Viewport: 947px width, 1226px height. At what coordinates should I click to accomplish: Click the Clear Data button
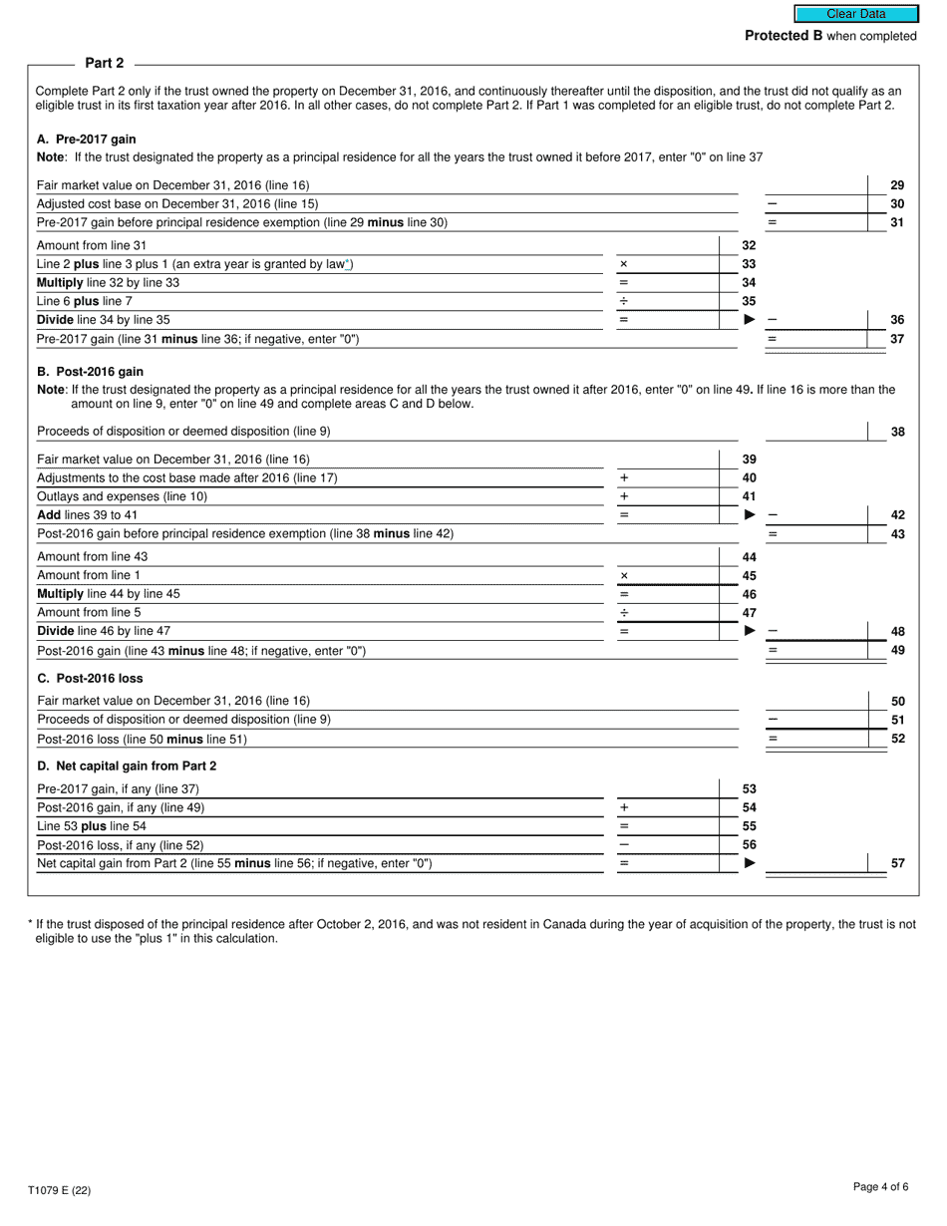[x=855, y=14]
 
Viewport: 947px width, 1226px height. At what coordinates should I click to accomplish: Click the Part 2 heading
[x=105, y=63]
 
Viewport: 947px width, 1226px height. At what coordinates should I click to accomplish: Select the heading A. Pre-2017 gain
[x=86, y=140]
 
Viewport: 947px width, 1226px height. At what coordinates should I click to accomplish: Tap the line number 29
[x=897, y=185]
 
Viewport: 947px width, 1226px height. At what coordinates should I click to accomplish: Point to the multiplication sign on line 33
[x=624, y=264]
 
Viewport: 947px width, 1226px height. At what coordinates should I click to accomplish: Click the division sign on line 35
[x=624, y=301]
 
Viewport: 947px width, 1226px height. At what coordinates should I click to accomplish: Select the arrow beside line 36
[x=750, y=320]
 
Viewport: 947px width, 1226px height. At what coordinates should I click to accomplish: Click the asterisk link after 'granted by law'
[x=347, y=264]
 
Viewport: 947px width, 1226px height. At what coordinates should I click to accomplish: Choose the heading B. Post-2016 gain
[x=90, y=372]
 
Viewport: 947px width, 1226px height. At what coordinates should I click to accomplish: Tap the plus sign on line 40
[x=624, y=478]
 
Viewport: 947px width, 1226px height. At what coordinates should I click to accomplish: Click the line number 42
[x=897, y=515]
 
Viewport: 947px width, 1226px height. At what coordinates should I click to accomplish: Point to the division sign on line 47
[x=624, y=613]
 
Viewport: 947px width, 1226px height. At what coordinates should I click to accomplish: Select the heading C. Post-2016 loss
[x=90, y=679]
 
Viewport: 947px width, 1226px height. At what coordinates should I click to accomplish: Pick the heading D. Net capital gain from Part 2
[x=127, y=766]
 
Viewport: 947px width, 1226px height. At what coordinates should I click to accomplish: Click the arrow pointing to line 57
[x=750, y=863]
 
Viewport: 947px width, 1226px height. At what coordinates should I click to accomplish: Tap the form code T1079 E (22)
[x=60, y=1190]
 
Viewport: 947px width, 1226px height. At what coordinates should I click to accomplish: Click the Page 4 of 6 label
[x=880, y=1186]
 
